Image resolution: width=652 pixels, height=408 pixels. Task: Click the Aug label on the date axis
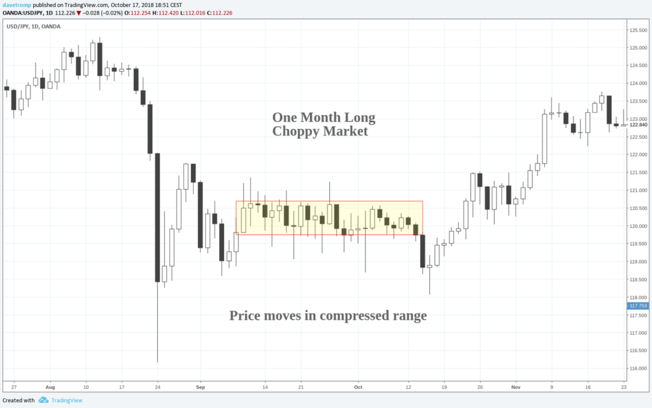pos(51,386)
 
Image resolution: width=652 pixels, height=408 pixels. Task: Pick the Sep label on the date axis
pos(201,386)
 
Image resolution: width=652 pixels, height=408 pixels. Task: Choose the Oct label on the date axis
pos(358,386)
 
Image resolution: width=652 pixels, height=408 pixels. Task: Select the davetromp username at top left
pos(15,4)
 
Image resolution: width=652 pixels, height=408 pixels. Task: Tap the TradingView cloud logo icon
pos(44,400)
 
